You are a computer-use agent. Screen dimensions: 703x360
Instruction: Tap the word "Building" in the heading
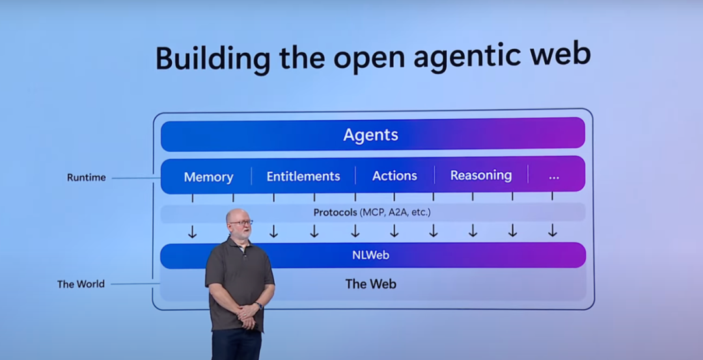tap(213, 57)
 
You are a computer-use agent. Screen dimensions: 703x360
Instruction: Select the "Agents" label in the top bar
tap(371, 135)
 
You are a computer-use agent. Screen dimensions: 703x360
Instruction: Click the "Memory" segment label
tap(208, 177)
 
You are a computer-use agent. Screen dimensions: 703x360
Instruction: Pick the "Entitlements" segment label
tap(303, 176)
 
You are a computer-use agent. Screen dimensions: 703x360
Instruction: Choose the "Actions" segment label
tap(394, 176)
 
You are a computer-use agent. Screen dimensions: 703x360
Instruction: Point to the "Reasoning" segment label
tap(481, 175)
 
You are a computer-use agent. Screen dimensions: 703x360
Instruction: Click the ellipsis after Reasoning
tap(554, 178)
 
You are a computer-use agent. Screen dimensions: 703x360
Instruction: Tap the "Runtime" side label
tap(87, 178)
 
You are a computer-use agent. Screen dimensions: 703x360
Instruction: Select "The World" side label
tap(81, 284)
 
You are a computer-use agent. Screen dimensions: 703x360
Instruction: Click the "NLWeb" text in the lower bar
tap(371, 255)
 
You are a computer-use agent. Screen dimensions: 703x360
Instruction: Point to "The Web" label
tap(371, 284)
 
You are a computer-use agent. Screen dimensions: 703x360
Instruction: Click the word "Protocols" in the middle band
tap(335, 212)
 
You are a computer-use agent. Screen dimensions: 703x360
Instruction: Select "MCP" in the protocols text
tap(373, 212)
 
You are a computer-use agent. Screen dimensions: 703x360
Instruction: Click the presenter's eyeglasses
tap(241, 223)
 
